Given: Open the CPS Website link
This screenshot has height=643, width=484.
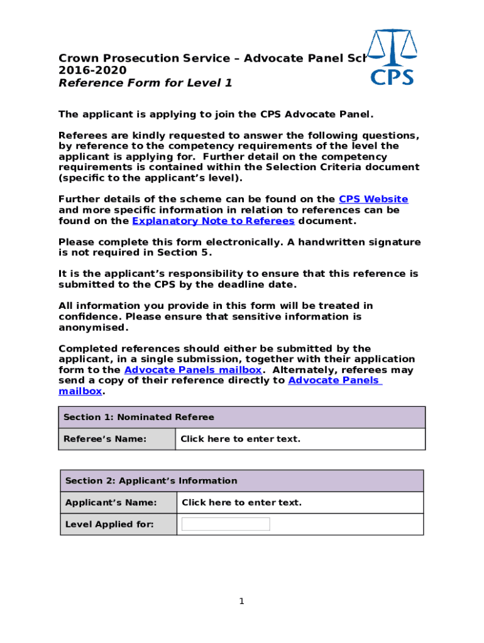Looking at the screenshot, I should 373,199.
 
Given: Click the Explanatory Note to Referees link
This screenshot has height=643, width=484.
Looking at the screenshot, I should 213,221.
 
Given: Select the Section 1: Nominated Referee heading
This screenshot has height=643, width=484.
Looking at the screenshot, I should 139,417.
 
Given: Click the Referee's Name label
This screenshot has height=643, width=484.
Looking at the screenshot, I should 105,439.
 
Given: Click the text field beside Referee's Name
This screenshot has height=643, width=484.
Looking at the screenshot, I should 240,439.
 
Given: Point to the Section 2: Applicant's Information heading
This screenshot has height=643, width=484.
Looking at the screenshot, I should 151,481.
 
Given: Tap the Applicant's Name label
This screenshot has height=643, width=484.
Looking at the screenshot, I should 111,502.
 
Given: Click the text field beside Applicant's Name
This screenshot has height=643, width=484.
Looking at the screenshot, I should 241,502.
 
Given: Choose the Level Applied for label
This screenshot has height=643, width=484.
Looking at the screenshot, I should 109,524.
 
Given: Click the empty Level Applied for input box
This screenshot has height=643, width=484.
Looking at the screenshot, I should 226,524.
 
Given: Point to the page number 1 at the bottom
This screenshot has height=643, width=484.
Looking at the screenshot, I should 241,602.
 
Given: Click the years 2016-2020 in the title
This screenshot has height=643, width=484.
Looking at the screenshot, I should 92,70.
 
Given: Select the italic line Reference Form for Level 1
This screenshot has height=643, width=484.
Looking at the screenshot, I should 145,82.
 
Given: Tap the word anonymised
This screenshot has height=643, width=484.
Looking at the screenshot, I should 93,327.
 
